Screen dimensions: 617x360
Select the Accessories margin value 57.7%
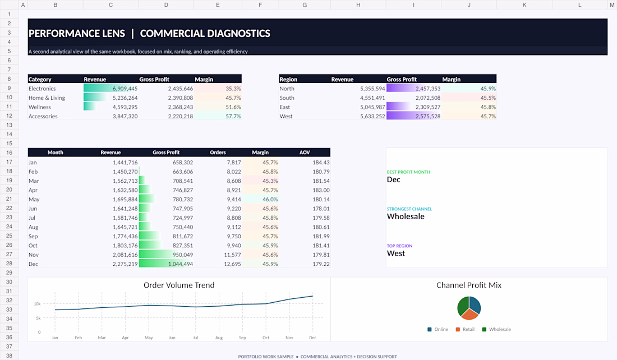(x=233, y=116)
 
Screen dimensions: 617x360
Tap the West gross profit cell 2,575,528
(x=428, y=116)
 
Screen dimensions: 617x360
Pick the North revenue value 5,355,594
(x=372, y=89)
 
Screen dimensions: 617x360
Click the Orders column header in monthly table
(x=218, y=153)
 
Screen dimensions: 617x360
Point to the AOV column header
(x=305, y=153)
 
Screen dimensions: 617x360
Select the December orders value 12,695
(x=232, y=264)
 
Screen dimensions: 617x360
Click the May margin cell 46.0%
(x=270, y=200)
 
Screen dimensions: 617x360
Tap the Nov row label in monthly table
(x=34, y=255)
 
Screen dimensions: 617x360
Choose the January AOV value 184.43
(x=321, y=163)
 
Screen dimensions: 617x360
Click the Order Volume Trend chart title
(x=179, y=285)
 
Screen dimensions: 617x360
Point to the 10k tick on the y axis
(x=37, y=304)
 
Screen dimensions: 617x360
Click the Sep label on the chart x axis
(x=242, y=338)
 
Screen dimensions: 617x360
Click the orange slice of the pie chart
(x=469, y=315)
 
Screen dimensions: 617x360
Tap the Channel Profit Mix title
(x=469, y=285)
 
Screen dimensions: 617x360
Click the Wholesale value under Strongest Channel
(x=406, y=216)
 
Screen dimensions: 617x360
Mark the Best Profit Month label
(x=408, y=172)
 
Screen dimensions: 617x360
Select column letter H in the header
(x=358, y=4)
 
